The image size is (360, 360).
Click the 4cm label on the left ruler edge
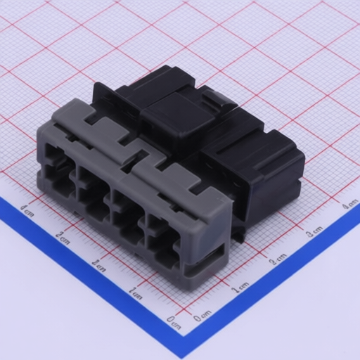pos(27,208)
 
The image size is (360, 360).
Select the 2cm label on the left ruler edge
pos(98,266)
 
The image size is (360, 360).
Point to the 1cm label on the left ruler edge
pos(136,294)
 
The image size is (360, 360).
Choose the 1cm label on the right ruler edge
pos(240,286)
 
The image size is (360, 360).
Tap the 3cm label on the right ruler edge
pos(314,231)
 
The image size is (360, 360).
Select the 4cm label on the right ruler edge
pos(349,205)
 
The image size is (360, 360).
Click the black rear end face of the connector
pos(278,179)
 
